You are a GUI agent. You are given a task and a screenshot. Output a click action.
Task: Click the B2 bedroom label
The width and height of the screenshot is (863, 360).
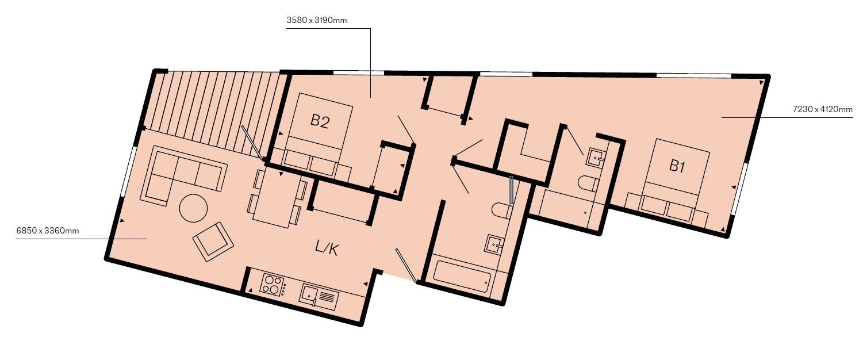pyautogui.click(x=320, y=121)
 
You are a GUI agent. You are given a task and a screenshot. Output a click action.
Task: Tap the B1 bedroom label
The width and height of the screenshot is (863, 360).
pyautogui.click(x=677, y=166)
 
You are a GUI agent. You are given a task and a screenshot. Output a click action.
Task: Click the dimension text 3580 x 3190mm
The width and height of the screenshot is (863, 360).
pyautogui.click(x=317, y=21)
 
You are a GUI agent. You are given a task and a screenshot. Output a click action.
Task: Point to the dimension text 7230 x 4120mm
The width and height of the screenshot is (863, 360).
pyautogui.click(x=823, y=109)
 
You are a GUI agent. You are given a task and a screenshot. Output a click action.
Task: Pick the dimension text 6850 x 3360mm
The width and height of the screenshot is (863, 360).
pyautogui.click(x=48, y=231)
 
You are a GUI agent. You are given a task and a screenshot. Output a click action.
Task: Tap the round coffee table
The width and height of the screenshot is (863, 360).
pyautogui.click(x=194, y=208)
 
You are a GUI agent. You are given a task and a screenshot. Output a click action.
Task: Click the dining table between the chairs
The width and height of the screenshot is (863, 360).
pyautogui.click(x=276, y=198)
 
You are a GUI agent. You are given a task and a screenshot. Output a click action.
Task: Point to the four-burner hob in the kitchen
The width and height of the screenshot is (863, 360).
pyautogui.click(x=273, y=285)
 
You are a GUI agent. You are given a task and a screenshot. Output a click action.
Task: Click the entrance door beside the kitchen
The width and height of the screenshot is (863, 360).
pyautogui.click(x=405, y=266)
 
